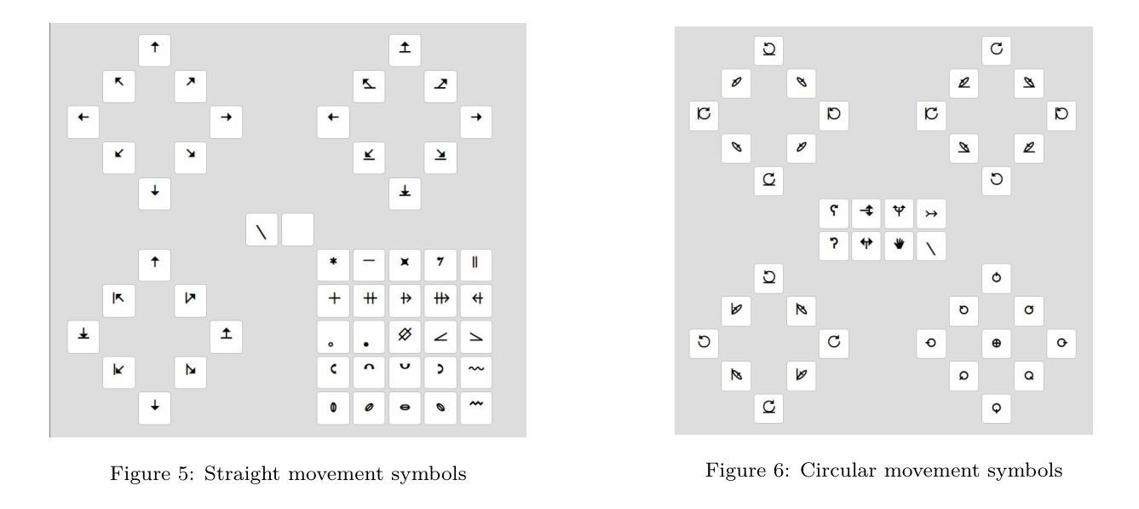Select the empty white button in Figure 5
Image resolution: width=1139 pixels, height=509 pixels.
click(x=297, y=230)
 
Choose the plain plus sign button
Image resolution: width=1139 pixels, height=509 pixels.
click(x=333, y=299)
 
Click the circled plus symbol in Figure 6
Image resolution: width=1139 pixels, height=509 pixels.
click(x=996, y=343)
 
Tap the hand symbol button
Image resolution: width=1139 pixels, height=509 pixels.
click(x=899, y=246)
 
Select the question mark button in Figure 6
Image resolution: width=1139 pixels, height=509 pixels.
click(x=833, y=246)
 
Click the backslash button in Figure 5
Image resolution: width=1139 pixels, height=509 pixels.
click(x=262, y=230)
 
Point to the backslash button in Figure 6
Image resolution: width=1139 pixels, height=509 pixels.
click(x=931, y=246)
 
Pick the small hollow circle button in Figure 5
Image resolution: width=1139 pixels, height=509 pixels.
click(x=333, y=339)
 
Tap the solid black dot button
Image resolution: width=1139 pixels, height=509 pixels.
click(x=369, y=339)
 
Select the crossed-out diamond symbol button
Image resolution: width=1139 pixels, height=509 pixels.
click(x=404, y=335)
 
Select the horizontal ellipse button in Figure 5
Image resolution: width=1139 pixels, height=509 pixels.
click(x=404, y=408)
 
